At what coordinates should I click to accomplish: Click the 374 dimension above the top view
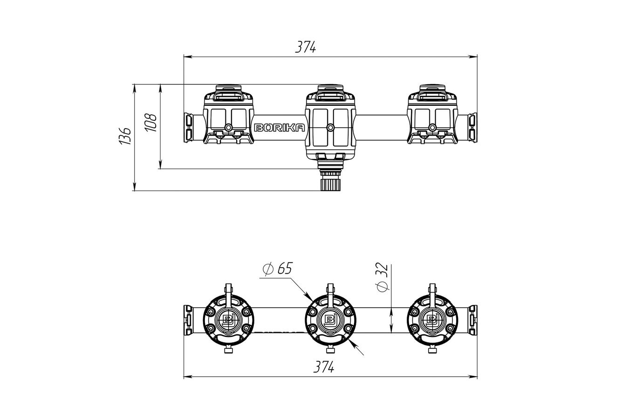pos(306,47)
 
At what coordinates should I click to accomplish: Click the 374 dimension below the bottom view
pos(323,367)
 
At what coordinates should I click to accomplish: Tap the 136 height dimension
pos(125,136)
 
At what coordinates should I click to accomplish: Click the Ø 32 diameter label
pos(381,277)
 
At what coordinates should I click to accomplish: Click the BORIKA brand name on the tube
pos(279,127)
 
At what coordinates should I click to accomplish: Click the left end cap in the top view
pos(188,127)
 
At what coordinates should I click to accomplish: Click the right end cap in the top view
pos(472,127)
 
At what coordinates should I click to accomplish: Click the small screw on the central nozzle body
pos(330,127)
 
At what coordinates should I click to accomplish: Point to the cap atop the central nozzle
pos(330,89)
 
